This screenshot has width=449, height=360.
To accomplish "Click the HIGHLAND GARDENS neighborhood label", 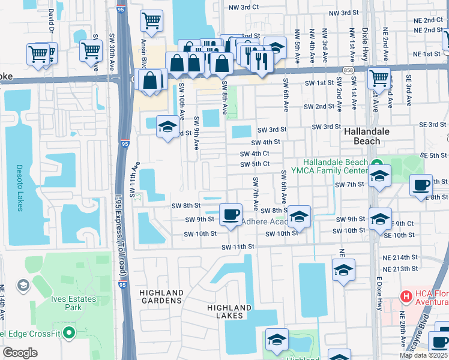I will pos(161,296).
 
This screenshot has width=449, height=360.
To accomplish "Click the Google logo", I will pos(20,352).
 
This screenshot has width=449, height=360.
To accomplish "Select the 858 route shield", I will pos(349,70).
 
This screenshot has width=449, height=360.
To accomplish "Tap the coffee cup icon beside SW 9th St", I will pos(230,214).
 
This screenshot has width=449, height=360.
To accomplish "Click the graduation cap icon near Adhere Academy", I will pos(298,216).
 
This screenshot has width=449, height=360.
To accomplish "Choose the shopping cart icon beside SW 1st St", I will pos(379,77).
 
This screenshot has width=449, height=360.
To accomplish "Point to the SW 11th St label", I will pos(239,247).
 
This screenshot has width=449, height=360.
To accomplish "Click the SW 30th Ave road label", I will pos(112,45).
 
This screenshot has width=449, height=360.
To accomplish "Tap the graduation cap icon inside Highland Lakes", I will pos(276,340).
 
